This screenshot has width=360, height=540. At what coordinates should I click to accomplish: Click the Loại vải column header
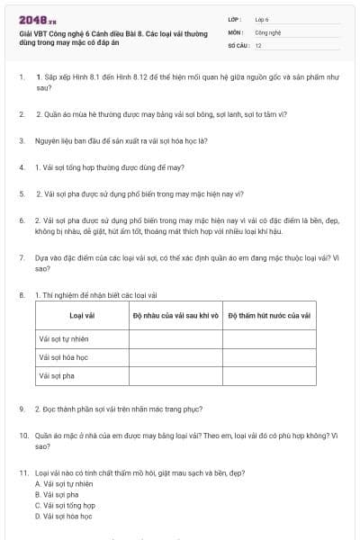82,315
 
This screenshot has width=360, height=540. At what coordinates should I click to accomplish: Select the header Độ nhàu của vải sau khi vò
175,315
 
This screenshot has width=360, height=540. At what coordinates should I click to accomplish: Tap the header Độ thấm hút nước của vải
268,315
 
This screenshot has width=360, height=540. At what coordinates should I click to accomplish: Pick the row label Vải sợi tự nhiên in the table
64,339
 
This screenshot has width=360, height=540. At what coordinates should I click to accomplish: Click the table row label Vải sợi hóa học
62,357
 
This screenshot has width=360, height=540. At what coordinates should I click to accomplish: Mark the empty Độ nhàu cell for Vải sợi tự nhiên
175,339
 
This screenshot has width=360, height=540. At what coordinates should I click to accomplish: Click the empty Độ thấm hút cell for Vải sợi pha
268,375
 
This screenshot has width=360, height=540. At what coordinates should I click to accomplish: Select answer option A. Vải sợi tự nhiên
67,483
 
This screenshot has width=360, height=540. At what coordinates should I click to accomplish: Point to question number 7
22,256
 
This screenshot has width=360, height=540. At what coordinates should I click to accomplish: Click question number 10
23,435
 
